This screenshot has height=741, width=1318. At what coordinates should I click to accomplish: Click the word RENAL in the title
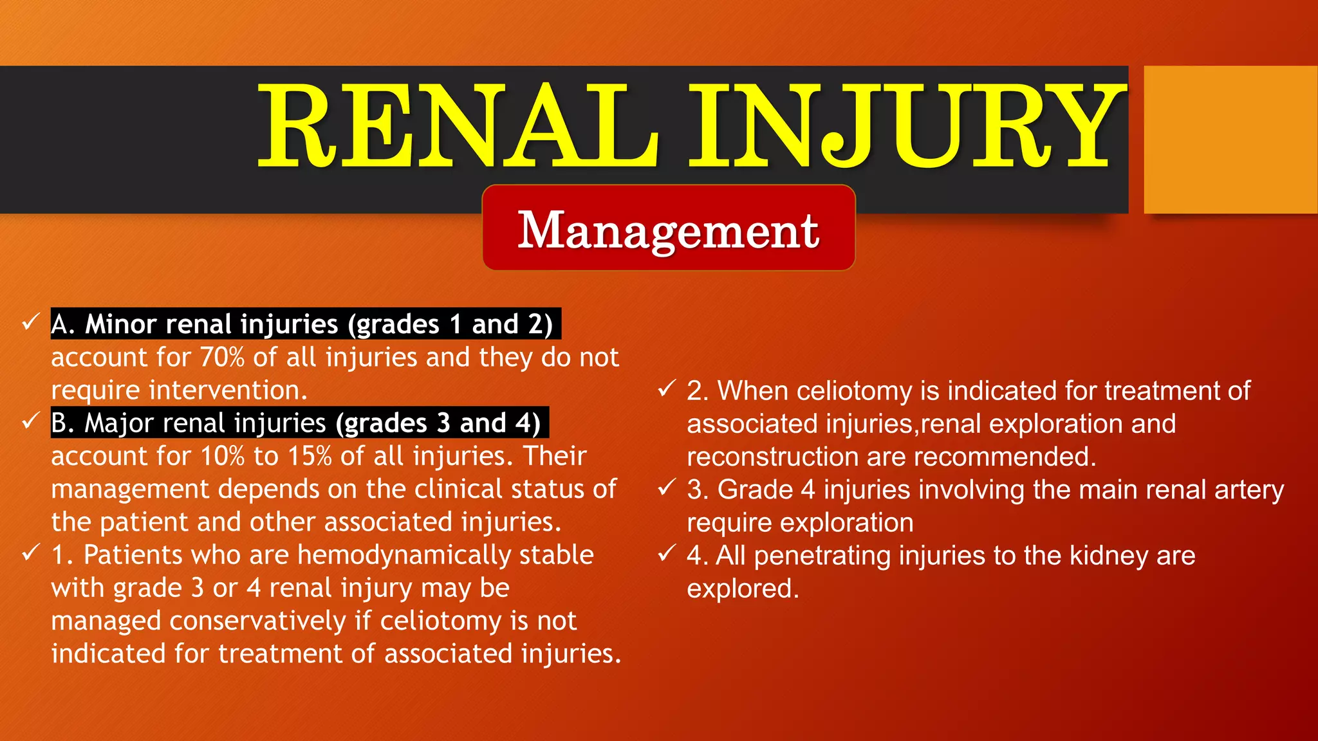(458, 126)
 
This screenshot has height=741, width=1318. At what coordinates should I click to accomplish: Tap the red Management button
(669, 228)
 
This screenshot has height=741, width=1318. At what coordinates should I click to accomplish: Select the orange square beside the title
(1230, 140)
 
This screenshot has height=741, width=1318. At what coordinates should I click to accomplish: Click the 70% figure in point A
(223, 357)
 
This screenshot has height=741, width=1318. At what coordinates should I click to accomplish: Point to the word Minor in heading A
(121, 324)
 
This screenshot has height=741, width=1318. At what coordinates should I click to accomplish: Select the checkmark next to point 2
(667, 389)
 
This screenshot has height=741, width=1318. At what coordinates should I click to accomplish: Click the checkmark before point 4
(667, 553)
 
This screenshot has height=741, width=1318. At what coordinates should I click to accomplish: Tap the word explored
(742, 589)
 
